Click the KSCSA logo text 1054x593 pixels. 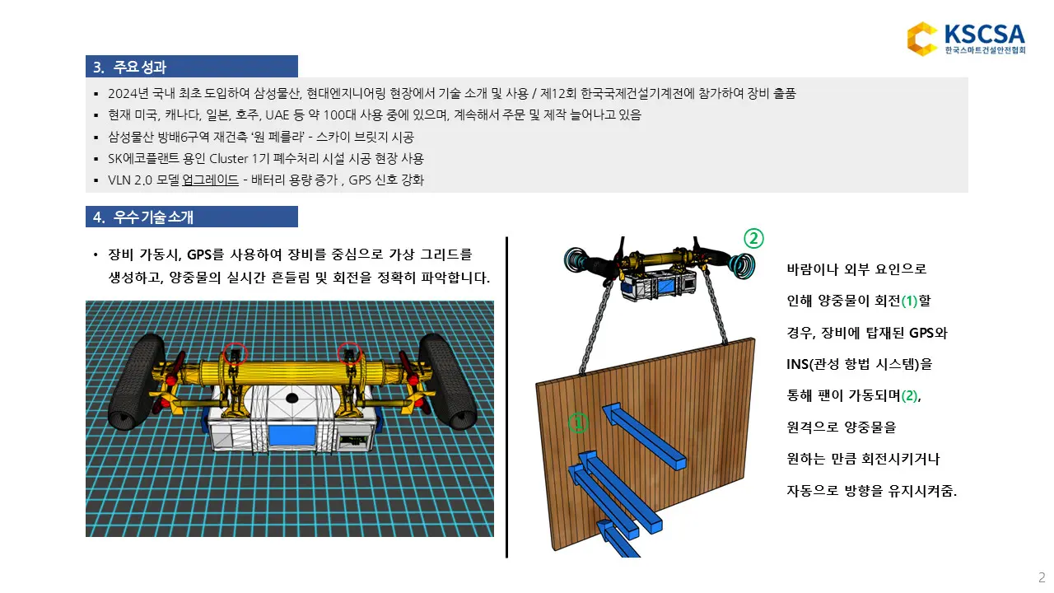[x=984, y=35]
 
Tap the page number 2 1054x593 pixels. [x=1042, y=577]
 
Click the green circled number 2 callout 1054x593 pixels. [x=754, y=239]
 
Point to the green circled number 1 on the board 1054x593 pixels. [x=579, y=423]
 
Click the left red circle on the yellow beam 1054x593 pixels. [x=236, y=353]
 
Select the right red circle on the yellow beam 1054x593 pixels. [x=349, y=353]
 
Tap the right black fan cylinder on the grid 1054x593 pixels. [x=445, y=380]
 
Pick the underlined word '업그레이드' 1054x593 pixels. [x=210, y=180]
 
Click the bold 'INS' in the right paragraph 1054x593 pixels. [x=800, y=363]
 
